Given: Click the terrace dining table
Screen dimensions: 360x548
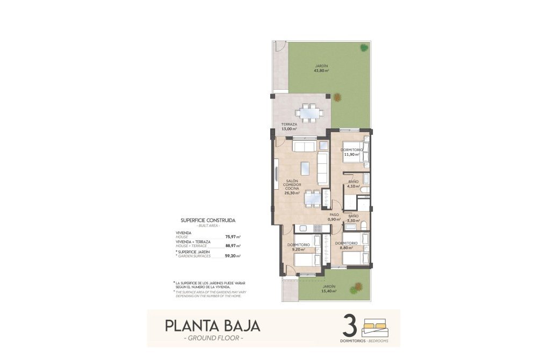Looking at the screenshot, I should point(309,113).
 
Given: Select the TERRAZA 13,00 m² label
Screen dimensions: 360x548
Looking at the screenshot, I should point(289,126).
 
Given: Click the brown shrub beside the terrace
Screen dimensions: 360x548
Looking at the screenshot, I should point(337,97).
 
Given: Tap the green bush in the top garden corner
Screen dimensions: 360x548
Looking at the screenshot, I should point(363,46).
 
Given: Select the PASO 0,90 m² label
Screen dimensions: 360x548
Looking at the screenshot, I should point(335,217).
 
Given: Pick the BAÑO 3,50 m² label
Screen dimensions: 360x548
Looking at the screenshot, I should point(353,218).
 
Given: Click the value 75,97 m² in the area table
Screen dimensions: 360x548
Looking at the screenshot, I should point(233,236).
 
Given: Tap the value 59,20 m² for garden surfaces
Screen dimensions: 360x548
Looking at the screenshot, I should point(233,256).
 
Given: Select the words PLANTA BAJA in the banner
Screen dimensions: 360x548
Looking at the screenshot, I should point(212,326).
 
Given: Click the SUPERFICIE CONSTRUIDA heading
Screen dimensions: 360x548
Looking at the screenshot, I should point(208,220).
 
